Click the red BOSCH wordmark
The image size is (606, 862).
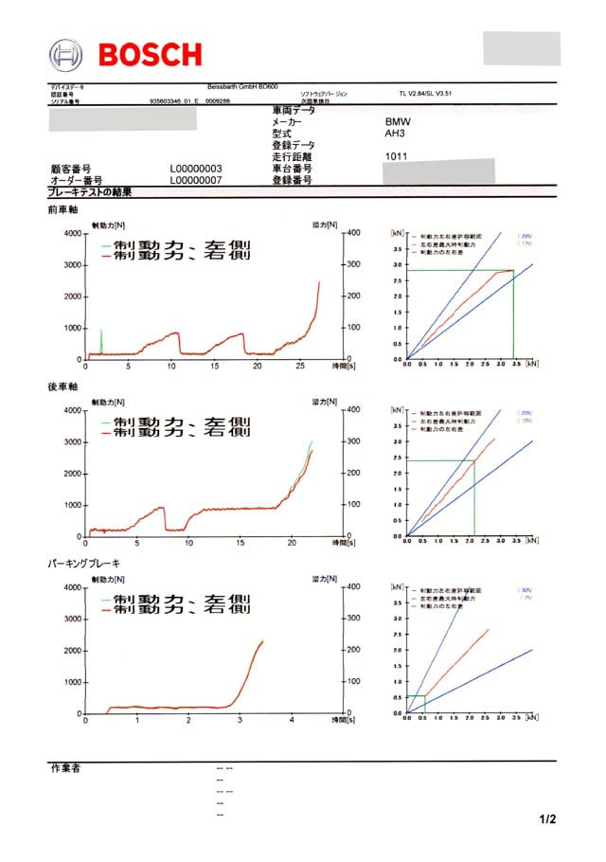pos(150,54)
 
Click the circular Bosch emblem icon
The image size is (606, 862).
pos(66,54)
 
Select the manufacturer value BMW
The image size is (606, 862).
pos(398,123)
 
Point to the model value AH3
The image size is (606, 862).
pos(394,135)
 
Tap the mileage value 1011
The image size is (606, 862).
pos(396,156)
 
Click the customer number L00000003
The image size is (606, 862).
pos(196,169)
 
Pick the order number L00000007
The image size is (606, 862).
pos(196,179)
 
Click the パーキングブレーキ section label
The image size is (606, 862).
pos(84,564)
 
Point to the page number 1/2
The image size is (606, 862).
pos(547,818)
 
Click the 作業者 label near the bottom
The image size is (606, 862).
pos(64,767)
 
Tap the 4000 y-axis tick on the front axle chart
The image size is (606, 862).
pos(72,233)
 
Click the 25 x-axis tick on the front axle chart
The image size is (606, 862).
pos(300,367)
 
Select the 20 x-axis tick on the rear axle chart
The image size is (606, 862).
pos(292,544)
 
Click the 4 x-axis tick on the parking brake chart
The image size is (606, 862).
pos(292,721)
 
